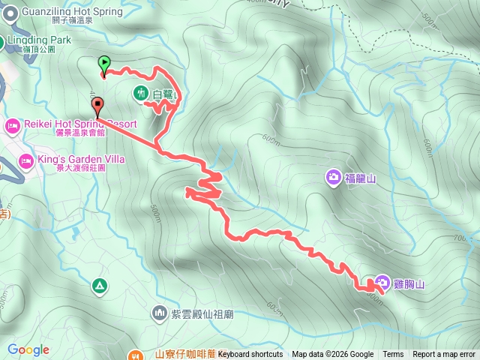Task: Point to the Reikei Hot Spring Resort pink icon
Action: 13,124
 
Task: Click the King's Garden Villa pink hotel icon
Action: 26,160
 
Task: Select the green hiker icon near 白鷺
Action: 140,94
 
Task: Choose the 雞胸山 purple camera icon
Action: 382,283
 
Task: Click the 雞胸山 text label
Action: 410,284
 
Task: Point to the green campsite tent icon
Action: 99,286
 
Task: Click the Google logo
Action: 28,349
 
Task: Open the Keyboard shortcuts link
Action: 250,355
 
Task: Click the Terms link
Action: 393,355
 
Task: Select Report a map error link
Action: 444,355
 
